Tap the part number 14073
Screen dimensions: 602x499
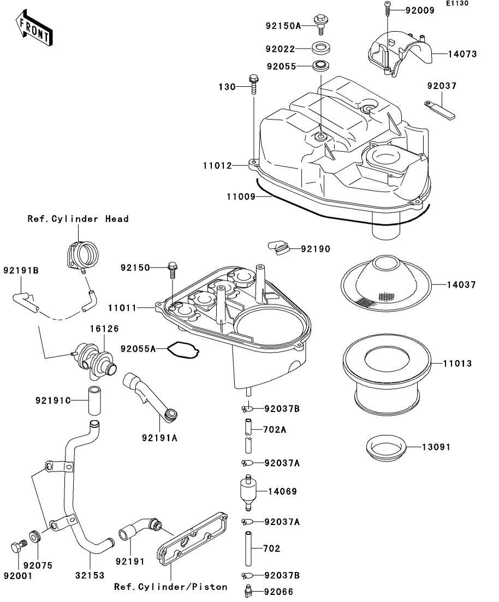(x=462, y=54)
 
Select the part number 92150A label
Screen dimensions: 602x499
(x=283, y=25)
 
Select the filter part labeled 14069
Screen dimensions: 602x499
(x=248, y=491)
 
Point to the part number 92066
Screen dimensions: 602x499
(x=280, y=591)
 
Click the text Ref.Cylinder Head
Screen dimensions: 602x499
(x=78, y=219)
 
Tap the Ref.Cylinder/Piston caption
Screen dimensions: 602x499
(x=171, y=587)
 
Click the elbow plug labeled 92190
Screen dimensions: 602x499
(x=279, y=247)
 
